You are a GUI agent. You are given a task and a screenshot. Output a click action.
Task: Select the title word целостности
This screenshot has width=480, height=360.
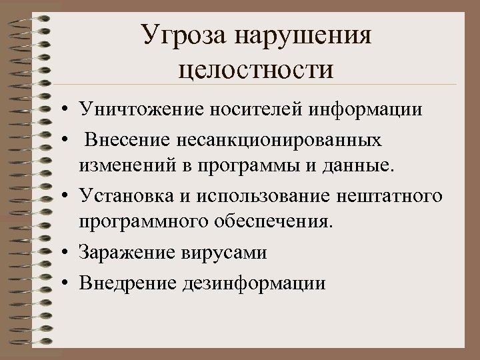pyautogui.click(x=257, y=68)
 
